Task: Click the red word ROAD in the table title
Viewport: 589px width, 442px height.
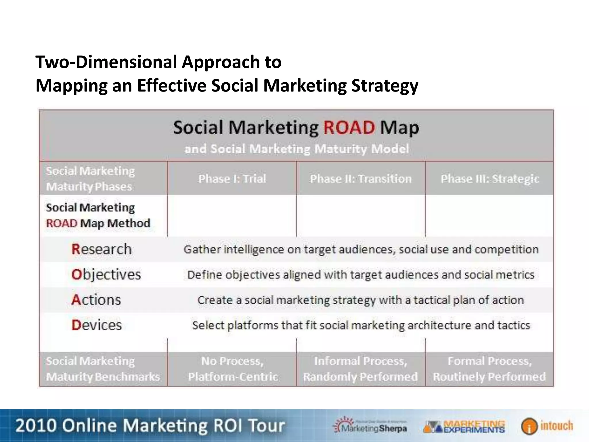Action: pos(349,128)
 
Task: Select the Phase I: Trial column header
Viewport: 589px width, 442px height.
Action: pos(232,179)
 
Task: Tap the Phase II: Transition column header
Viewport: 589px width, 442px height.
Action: pos(361,179)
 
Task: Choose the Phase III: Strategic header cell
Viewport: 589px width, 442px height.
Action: pos(490,179)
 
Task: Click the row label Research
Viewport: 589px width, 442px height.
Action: pos(102,249)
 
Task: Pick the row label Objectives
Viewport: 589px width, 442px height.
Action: pos(106,275)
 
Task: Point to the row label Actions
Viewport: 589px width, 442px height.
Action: pos(96,300)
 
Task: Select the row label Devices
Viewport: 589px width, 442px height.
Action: pos(97,325)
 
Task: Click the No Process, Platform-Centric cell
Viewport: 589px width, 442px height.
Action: pos(232,369)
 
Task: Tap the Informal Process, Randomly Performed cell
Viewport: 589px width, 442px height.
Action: pos(361,369)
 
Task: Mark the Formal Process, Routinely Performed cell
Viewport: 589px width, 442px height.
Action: pos(489,369)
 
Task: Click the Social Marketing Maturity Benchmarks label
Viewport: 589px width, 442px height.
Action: pos(103,369)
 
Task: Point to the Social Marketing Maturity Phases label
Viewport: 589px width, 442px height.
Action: pos(90,179)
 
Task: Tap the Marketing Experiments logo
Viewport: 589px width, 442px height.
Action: pos(464,426)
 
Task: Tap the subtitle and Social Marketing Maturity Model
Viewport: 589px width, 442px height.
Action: pos(297,149)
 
